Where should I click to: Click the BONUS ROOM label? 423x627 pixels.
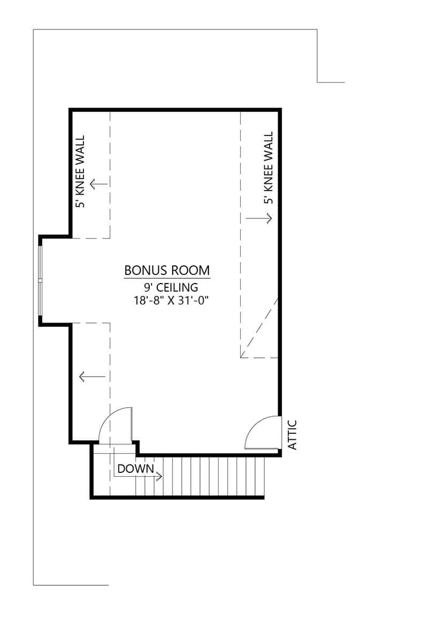167,270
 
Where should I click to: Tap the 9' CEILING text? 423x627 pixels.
167,288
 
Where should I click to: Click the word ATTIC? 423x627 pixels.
292,435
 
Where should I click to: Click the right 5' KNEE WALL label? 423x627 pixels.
268,168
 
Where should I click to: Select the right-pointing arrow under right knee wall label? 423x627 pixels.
259,218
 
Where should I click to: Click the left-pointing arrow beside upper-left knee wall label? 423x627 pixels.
98,185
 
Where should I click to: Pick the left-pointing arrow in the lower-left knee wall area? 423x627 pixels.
92,377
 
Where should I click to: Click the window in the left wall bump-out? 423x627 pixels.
40,280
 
